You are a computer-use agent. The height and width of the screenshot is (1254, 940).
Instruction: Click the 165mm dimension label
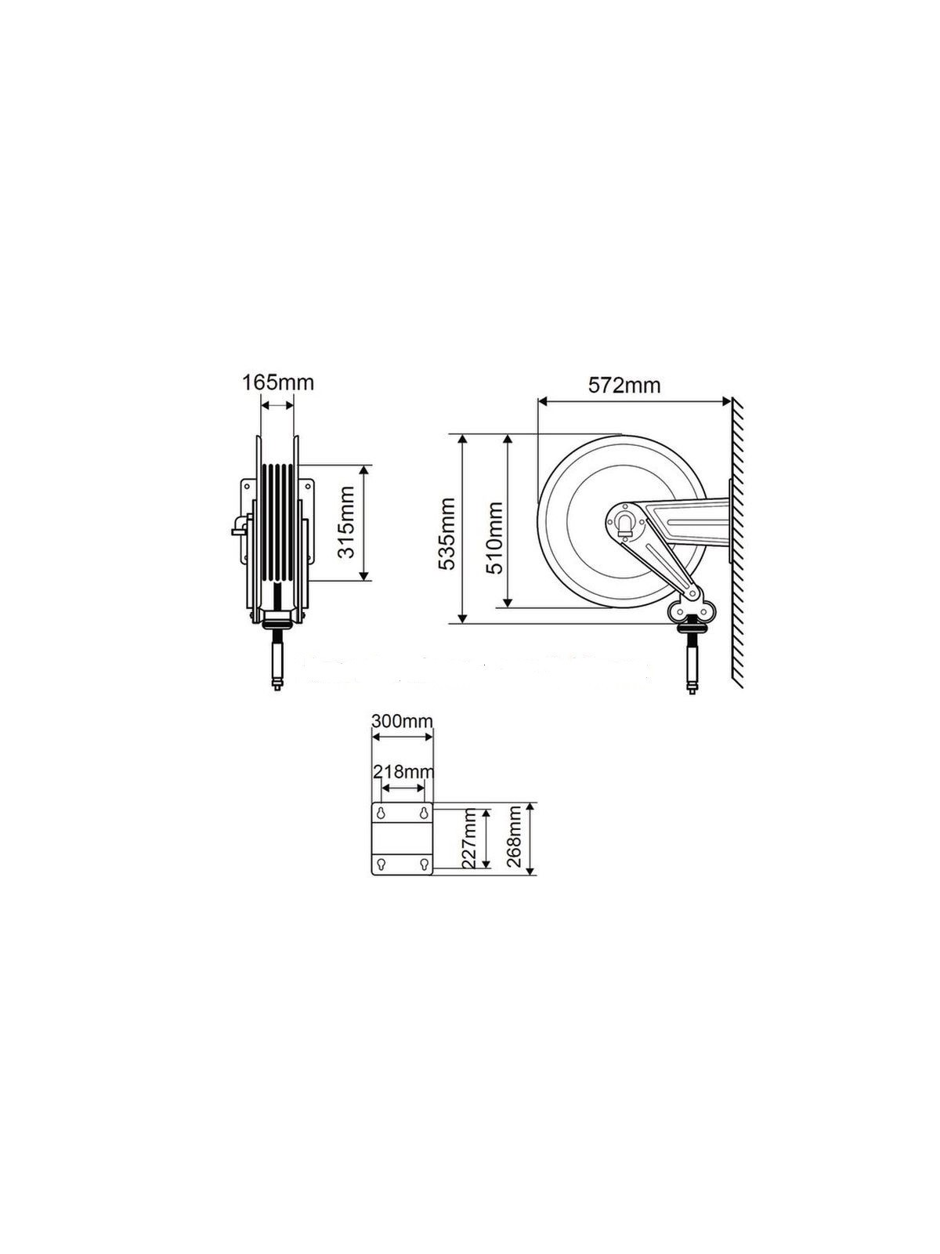tap(277, 382)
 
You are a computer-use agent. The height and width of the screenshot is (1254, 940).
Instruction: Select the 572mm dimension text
tap(624, 386)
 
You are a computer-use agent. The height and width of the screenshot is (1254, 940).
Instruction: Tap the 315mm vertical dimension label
tap(345, 522)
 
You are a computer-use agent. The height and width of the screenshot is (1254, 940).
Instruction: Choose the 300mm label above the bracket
tap(401, 721)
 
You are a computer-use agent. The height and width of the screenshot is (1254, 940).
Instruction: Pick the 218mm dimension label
tap(403, 771)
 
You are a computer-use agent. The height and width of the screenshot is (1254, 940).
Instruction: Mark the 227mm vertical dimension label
tap(469, 840)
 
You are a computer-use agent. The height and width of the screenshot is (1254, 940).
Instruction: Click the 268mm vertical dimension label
tap(514, 839)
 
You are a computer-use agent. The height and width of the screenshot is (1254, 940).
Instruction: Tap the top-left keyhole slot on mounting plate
tap(381, 813)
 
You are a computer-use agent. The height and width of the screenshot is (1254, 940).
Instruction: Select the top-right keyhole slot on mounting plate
tap(424, 813)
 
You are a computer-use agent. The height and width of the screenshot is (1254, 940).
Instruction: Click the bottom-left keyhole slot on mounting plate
tap(381, 865)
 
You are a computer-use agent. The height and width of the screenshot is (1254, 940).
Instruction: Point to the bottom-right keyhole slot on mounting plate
tap(424, 865)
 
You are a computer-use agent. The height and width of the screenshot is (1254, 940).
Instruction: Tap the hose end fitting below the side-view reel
tap(692, 666)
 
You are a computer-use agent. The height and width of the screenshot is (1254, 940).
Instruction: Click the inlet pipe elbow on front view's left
tap(237, 525)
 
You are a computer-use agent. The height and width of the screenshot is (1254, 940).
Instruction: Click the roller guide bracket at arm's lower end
tap(691, 609)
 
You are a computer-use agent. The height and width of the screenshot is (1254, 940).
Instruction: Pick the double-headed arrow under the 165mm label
tap(277, 405)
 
